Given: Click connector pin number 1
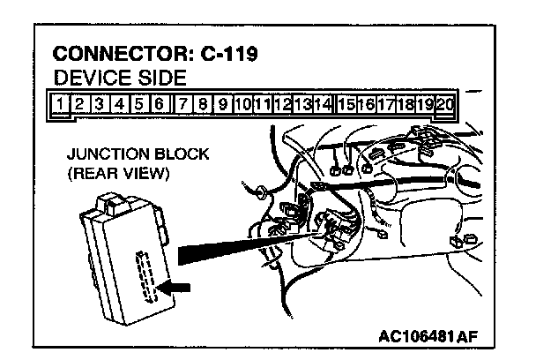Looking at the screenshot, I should tap(60, 104).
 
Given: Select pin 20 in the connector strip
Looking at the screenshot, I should tap(445, 104).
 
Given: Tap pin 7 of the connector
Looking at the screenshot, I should tap(181, 104).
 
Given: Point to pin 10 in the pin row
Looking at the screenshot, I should tap(243, 104).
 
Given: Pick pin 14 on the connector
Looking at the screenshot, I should tap(323, 104).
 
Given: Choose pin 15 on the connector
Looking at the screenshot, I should tap(346, 104).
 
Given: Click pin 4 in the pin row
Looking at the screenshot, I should tap(119, 104).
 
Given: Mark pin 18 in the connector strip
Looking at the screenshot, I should tap(406, 104).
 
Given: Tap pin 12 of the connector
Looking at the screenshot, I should tap(283, 104).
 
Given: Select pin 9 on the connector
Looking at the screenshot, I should tap(222, 104).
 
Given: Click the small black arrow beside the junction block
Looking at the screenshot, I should tap(177, 287).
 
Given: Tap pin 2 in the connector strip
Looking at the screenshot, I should tap(79, 104).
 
